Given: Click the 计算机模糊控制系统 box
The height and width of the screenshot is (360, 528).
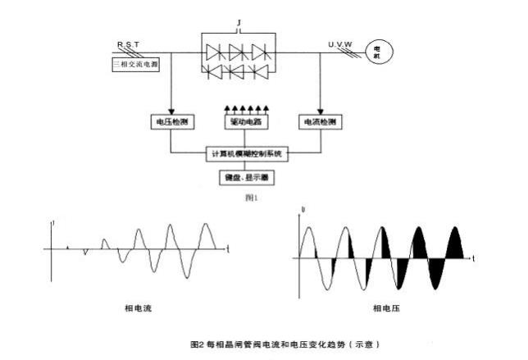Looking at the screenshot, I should pos(245,153).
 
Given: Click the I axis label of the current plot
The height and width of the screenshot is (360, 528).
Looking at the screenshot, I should pos(53,222).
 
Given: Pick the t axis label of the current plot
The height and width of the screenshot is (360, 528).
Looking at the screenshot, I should pos(228,248).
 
